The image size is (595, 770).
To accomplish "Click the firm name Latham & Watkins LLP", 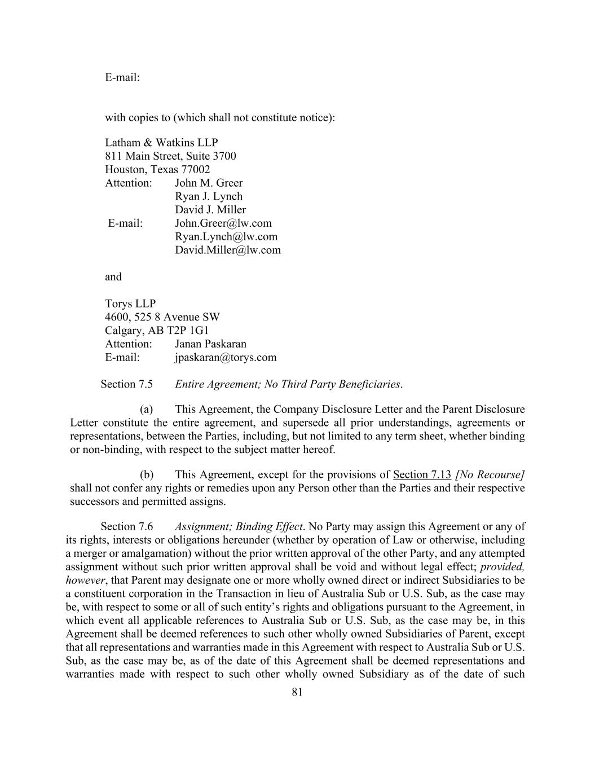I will pyautogui.click(x=161, y=143).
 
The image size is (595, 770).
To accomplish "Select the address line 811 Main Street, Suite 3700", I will pyautogui.click(x=170, y=156).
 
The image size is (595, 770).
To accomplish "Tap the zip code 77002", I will pyautogui.click(x=195, y=170).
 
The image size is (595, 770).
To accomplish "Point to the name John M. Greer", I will pyautogui.click(x=209, y=183).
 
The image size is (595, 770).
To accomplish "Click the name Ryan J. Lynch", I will pyautogui.click(x=209, y=197).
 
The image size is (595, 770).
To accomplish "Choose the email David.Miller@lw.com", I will pyautogui.click(x=227, y=250).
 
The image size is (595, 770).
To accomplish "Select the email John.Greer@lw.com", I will pyautogui.click(x=223, y=223).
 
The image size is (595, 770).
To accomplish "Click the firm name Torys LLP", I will pyautogui.click(x=130, y=304).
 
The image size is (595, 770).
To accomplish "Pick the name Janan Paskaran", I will pyautogui.click(x=210, y=344).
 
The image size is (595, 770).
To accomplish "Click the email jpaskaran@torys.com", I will pyautogui.click(x=226, y=358).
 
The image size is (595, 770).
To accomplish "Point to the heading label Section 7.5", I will pyautogui.click(x=126, y=385).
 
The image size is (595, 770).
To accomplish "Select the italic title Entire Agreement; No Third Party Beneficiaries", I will pyautogui.click(x=288, y=385).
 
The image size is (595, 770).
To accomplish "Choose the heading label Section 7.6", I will pyautogui.click(x=126, y=527).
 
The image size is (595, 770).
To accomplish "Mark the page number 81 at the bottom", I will pyautogui.click(x=298, y=693).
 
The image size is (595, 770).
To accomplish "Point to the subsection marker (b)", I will pyautogui.click(x=147, y=475).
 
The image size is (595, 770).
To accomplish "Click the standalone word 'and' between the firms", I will pyautogui.click(x=113, y=277).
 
